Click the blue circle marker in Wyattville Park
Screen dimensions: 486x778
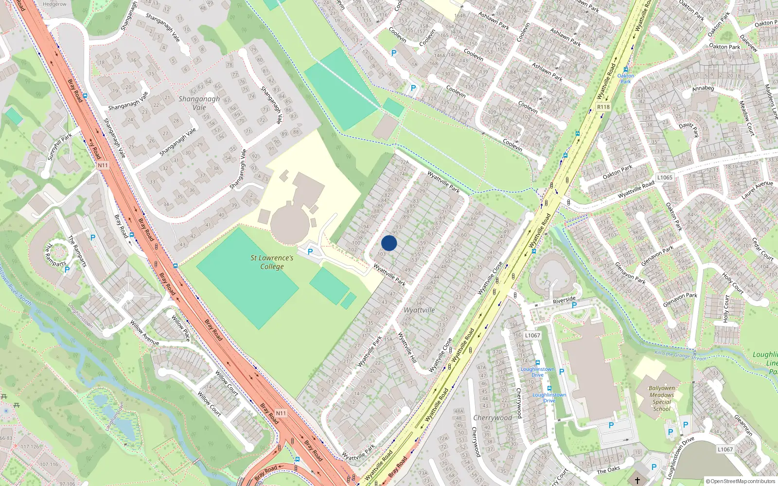click(x=389, y=243)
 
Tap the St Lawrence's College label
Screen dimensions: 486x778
click(x=272, y=262)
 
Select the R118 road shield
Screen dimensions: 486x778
click(x=603, y=107)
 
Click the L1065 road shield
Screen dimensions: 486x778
click(x=665, y=177)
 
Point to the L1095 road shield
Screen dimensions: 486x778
click(x=532, y=335)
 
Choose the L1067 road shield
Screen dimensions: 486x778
click(x=725, y=449)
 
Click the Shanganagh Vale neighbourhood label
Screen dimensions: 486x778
click(x=199, y=103)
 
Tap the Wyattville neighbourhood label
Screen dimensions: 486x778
click(x=419, y=310)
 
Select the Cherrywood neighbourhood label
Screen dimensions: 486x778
click(x=493, y=418)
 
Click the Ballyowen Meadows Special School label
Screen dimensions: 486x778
click(x=662, y=399)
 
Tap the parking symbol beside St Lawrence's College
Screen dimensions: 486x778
click(x=310, y=252)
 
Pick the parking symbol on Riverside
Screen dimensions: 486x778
click(x=574, y=305)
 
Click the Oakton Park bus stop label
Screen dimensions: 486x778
click(x=626, y=78)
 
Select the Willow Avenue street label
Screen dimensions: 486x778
click(x=144, y=333)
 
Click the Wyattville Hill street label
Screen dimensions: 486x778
click(x=407, y=347)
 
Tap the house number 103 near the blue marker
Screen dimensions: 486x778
click(x=381, y=254)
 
